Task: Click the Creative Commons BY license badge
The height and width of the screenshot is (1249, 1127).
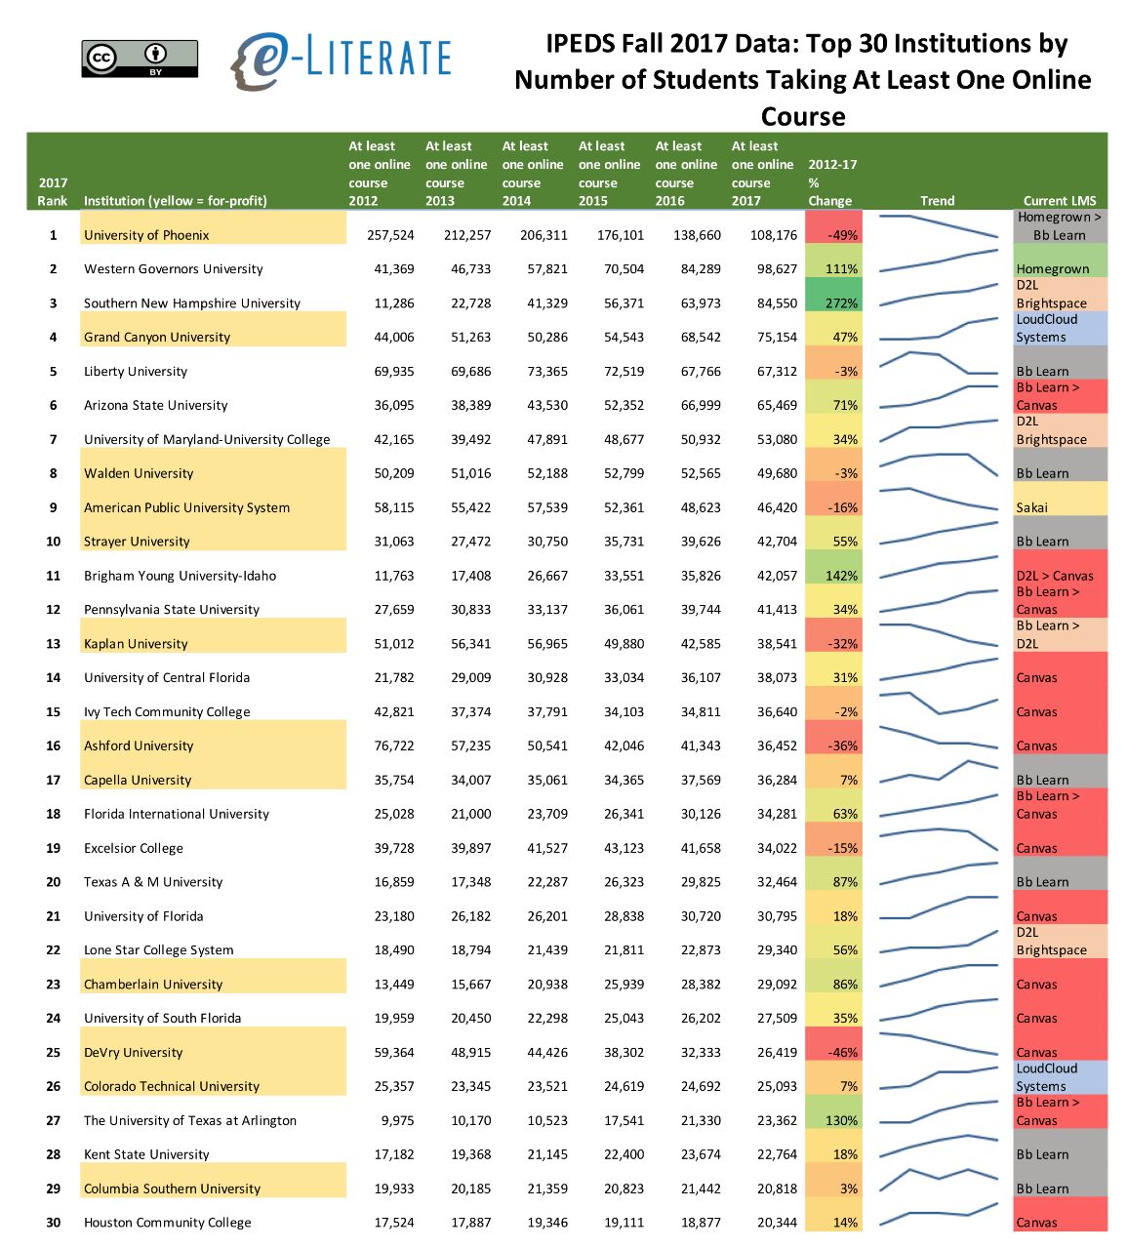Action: (x=140, y=59)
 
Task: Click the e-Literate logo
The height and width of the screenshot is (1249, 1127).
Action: (x=341, y=60)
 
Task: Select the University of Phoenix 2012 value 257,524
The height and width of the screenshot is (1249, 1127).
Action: (x=390, y=235)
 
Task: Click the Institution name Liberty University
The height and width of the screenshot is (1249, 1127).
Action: (x=136, y=372)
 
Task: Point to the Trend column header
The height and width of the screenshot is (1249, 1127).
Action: (x=937, y=201)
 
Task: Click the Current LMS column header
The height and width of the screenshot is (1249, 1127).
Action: (x=1060, y=201)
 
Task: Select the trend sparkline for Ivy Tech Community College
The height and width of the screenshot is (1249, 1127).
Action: (x=938, y=705)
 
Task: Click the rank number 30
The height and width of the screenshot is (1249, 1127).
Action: (x=53, y=1223)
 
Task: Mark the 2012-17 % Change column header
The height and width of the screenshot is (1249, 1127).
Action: (x=832, y=182)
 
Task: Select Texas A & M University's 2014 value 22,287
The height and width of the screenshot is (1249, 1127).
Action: (x=546, y=882)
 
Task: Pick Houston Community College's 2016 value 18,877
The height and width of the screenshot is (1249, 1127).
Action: (x=700, y=1223)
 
